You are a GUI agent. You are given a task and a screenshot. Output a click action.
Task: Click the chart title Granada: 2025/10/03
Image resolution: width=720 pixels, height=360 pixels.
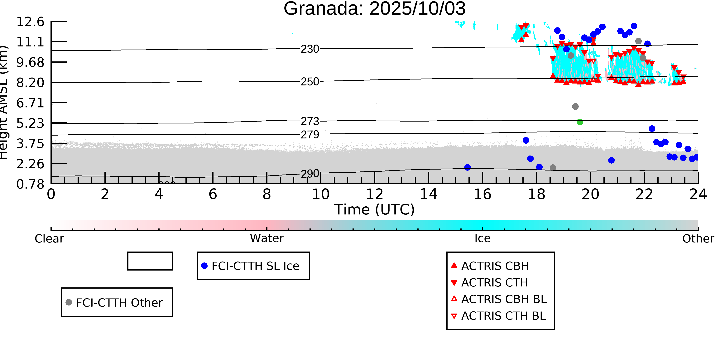(x=375, y=8)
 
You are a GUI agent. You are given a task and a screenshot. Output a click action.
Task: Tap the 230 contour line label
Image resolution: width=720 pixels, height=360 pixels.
(x=310, y=49)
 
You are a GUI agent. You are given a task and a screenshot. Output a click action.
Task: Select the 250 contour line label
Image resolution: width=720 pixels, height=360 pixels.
(x=310, y=82)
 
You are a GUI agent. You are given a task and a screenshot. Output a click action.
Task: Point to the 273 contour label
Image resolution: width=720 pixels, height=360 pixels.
(x=310, y=121)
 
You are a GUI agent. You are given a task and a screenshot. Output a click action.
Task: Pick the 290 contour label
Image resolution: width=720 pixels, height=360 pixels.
(x=310, y=174)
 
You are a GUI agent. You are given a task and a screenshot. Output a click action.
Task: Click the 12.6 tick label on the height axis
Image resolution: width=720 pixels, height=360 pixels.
(x=30, y=22)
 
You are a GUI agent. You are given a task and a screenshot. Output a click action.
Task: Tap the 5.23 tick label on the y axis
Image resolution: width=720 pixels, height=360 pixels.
(x=30, y=123)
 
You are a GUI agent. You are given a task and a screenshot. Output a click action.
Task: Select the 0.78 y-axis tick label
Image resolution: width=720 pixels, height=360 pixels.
(x=30, y=184)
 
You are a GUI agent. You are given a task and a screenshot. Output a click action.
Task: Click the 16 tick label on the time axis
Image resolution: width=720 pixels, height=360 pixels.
(x=482, y=194)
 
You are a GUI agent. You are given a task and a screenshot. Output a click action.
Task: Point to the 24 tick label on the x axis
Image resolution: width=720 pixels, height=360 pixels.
(x=698, y=194)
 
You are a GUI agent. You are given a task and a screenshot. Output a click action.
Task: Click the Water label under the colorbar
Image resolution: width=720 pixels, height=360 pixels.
(x=267, y=238)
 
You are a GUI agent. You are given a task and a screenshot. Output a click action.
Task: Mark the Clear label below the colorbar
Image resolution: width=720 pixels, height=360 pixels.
(x=49, y=239)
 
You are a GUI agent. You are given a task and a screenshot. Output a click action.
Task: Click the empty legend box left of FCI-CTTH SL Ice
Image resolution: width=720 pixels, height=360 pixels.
(x=150, y=261)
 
